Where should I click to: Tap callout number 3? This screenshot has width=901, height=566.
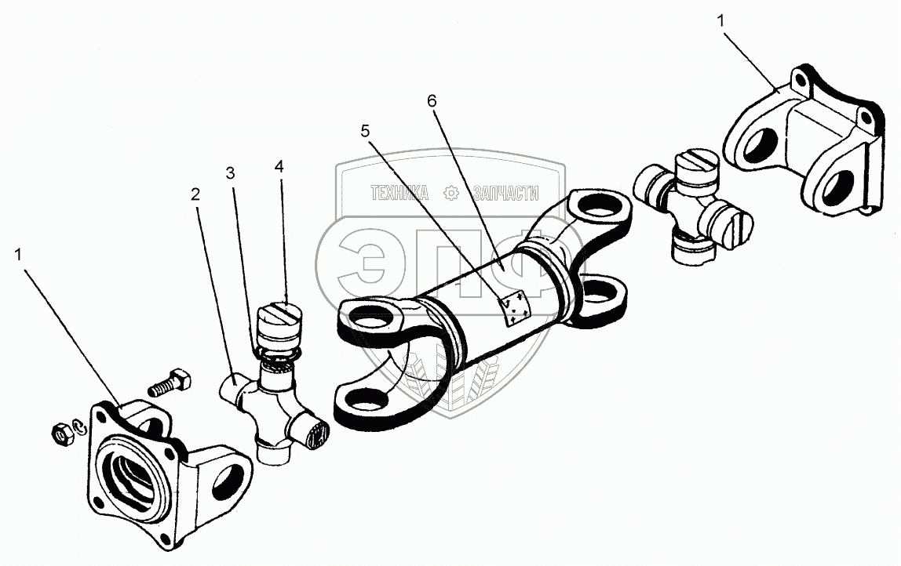pos(230,174)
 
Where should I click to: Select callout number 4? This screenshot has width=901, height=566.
pos(279,167)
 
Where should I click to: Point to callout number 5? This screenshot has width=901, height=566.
pos(365,131)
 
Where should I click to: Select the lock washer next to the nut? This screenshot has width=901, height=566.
pos(78,426)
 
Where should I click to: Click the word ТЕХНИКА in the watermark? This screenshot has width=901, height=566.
pos(400,192)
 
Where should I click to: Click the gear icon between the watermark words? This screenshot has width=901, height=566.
pos(451,192)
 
